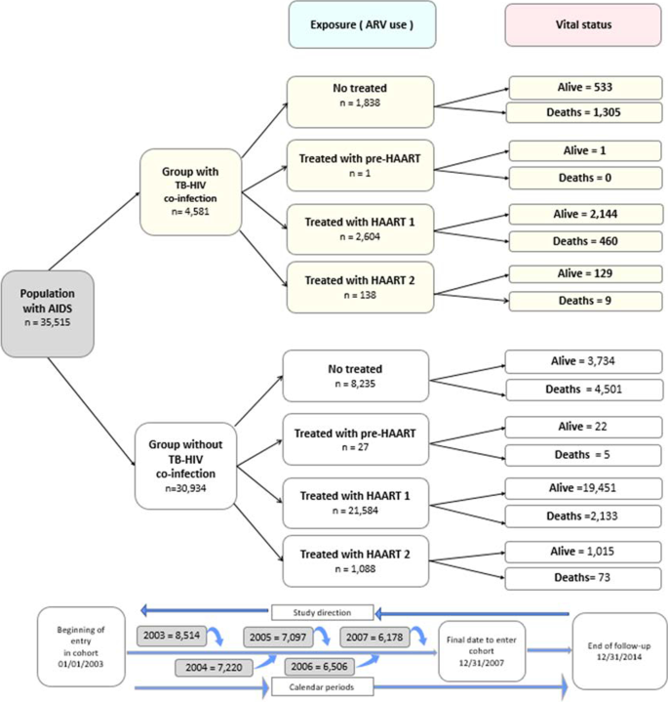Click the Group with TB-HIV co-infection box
(x=190, y=191)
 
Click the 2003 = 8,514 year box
(x=170, y=637)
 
